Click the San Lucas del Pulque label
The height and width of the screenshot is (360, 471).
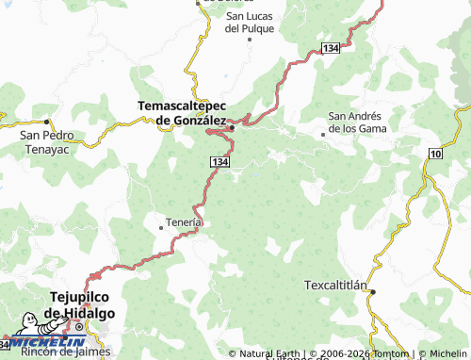point(250,23)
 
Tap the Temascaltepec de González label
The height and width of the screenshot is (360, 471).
point(182,113)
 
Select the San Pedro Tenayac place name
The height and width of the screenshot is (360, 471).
point(44,141)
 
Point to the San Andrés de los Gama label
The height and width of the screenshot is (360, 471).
point(357,122)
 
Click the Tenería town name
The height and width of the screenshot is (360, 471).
point(183,221)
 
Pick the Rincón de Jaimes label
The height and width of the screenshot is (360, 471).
point(66,352)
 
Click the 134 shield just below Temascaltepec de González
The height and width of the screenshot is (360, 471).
point(218,162)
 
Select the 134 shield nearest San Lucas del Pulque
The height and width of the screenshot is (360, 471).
point(330,47)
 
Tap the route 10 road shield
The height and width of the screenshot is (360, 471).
point(434,153)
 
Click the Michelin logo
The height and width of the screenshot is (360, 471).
point(41,341)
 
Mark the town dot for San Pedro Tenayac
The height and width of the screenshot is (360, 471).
point(45,122)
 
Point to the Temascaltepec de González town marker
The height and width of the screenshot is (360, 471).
point(231,127)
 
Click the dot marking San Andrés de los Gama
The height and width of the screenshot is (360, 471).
point(324,135)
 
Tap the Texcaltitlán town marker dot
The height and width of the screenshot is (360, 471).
point(372,292)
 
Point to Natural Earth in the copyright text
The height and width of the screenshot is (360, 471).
point(268,354)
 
